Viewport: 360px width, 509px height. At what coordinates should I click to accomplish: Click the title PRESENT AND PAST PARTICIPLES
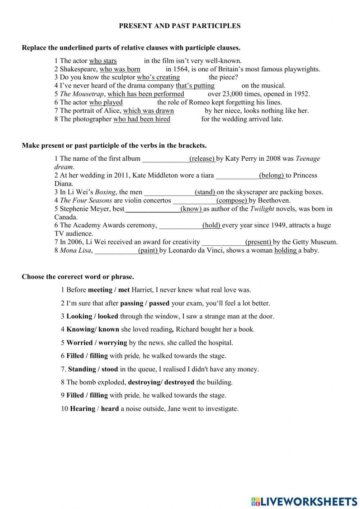[x=180, y=26]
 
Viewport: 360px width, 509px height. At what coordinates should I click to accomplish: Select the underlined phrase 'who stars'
[x=103, y=61]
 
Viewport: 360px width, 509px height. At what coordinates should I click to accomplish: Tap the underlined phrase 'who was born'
[x=120, y=69]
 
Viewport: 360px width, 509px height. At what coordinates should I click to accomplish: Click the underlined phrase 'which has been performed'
[x=146, y=94]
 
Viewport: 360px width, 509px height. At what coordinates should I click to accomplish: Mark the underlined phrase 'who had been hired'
[x=142, y=119]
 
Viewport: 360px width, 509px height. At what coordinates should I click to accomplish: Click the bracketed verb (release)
[x=202, y=158]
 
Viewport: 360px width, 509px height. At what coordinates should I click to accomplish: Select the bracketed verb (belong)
[x=272, y=175]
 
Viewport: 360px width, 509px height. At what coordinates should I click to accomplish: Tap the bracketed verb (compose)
[x=232, y=200]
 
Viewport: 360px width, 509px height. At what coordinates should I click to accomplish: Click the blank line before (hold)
[x=180, y=226]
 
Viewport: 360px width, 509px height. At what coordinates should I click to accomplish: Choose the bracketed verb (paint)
[x=148, y=250]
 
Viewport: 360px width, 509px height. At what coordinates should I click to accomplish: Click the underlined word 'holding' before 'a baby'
[x=285, y=250]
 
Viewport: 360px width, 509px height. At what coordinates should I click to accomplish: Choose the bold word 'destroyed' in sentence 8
[x=179, y=382]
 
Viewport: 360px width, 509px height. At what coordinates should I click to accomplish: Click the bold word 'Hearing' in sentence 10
[x=82, y=409]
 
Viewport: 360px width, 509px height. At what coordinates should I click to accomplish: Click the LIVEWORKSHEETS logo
[x=304, y=501]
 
